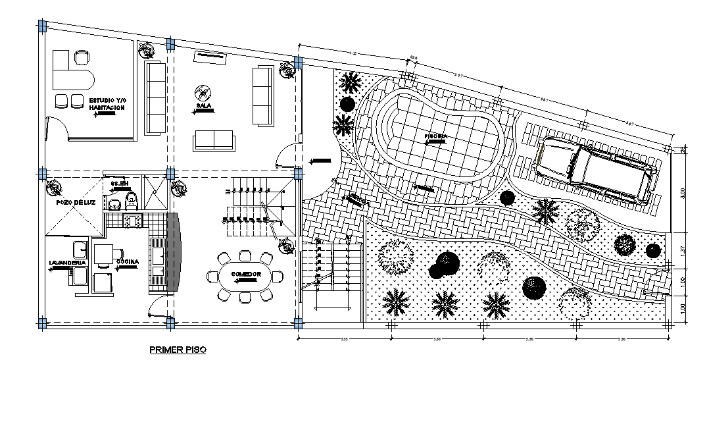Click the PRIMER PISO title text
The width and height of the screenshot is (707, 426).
click(x=178, y=350)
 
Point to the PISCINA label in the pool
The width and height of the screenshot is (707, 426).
click(x=435, y=136)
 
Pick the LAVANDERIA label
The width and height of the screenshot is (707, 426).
click(x=68, y=263)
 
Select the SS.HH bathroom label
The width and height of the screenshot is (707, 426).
click(x=118, y=184)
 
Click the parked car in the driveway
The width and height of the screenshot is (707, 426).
click(x=596, y=170)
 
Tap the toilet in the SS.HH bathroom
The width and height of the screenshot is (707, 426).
click(x=131, y=198)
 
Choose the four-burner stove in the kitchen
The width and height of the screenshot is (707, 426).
click(x=132, y=221)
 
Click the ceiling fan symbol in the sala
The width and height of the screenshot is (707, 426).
click(x=203, y=92)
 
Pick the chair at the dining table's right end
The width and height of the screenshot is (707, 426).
click(x=279, y=275)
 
